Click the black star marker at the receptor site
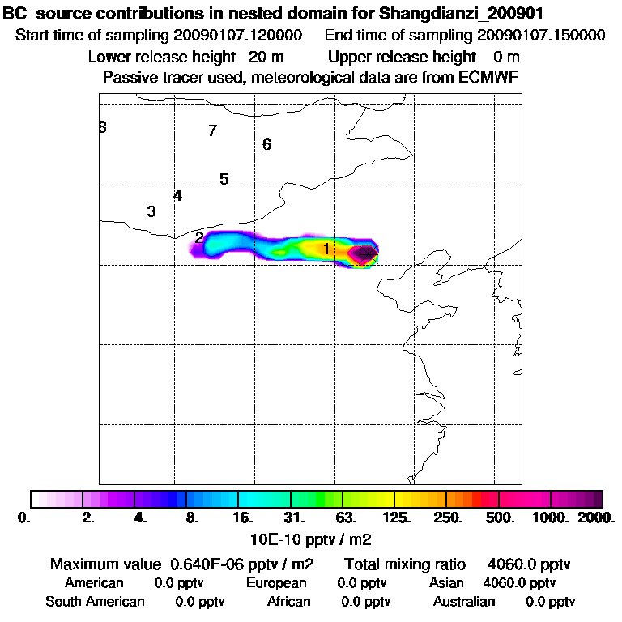(368, 253)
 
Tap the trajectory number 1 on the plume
(326, 249)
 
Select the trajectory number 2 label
(199, 238)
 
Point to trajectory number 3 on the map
(151, 212)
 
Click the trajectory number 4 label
(177, 195)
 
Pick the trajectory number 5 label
(224, 179)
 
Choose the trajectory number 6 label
(266, 145)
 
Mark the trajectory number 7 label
(212, 130)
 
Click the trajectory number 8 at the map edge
(103, 127)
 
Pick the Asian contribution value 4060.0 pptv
(519, 583)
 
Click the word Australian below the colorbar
(464, 602)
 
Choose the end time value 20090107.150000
(541, 36)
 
